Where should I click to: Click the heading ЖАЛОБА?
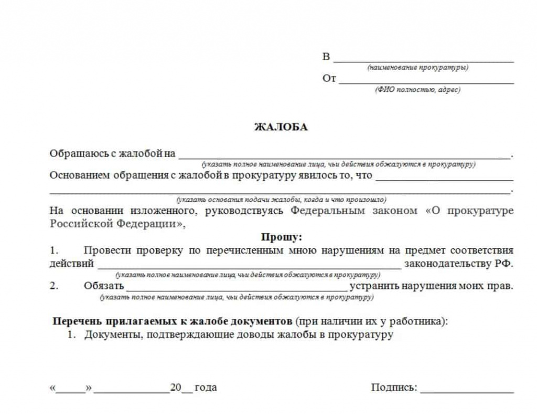(281, 127)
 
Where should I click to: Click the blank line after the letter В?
(423, 60)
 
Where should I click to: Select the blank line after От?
(426, 82)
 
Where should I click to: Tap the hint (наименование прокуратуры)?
(418, 68)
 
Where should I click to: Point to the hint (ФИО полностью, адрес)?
(417, 90)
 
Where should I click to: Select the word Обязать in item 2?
(103, 286)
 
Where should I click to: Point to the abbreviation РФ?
(504, 264)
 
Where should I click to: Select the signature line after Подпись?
(467, 390)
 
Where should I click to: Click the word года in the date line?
(206, 388)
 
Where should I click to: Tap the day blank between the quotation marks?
(70, 390)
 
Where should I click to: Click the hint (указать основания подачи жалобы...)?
(282, 200)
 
